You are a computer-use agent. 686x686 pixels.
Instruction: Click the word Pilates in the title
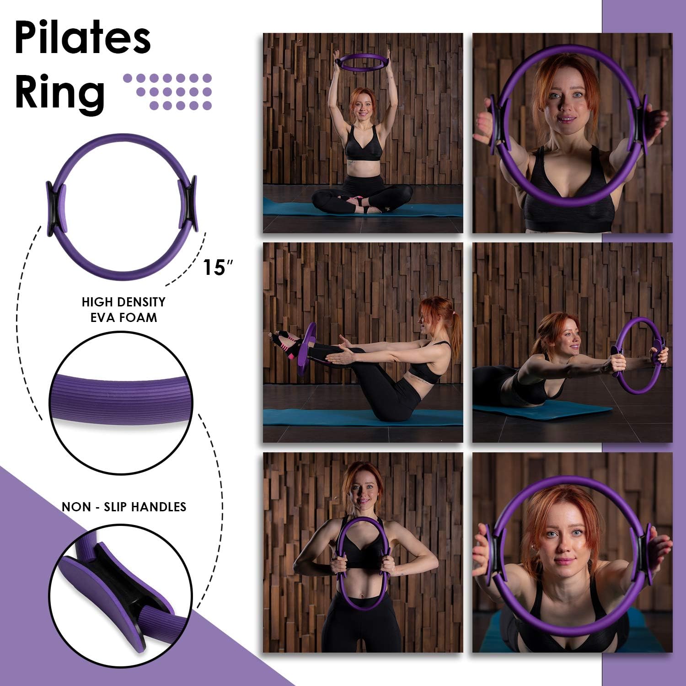click(82, 39)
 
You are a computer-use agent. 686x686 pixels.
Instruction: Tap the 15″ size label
click(214, 268)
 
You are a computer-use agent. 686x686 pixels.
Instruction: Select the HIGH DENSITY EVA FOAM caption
click(123, 310)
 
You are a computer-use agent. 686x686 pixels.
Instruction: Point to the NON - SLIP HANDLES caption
click(124, 507)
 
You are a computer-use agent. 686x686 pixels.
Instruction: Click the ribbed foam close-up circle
click(121, 402)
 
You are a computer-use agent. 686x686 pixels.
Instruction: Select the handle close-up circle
click(121, 590)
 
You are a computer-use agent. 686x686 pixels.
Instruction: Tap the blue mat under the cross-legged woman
click(293, 209)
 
